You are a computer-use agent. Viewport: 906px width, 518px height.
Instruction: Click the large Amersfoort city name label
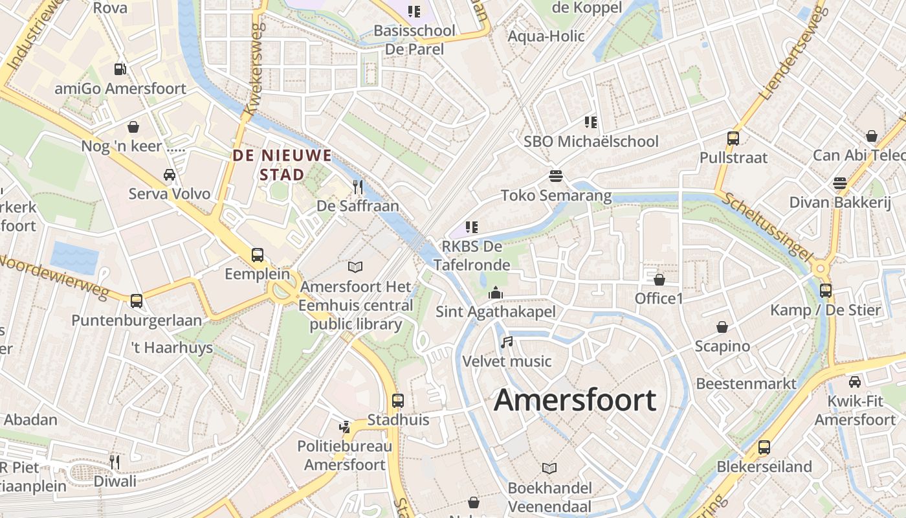575,400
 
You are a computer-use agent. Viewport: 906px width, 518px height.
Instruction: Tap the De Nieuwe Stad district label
282,164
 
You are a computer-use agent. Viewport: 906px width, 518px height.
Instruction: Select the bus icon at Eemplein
258,255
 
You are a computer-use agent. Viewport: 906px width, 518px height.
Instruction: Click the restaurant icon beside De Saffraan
358,187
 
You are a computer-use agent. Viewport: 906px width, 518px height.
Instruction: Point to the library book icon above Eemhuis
355,267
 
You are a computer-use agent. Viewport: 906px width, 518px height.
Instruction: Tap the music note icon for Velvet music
507,342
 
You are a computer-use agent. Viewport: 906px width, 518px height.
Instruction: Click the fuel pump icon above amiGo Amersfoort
120,69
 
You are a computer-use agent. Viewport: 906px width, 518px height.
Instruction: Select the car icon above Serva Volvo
170,175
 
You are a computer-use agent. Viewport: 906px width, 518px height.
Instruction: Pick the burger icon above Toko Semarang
555,176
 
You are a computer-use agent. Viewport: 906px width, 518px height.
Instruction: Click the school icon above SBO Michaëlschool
590,122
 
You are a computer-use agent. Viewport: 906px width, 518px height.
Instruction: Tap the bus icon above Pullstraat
733,138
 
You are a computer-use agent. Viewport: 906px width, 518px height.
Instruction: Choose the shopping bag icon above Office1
659,280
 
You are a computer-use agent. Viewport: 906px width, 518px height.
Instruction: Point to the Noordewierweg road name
54,276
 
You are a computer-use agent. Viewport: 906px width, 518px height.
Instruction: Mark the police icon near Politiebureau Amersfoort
345,427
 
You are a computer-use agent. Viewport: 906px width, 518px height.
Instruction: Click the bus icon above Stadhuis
398,401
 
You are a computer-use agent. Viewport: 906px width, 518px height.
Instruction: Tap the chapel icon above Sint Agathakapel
496,293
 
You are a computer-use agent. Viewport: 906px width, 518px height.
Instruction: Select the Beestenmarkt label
746,383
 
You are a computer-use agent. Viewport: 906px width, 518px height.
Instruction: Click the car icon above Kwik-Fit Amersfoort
855,382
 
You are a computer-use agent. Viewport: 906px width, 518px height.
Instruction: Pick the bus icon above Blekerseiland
764,447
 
